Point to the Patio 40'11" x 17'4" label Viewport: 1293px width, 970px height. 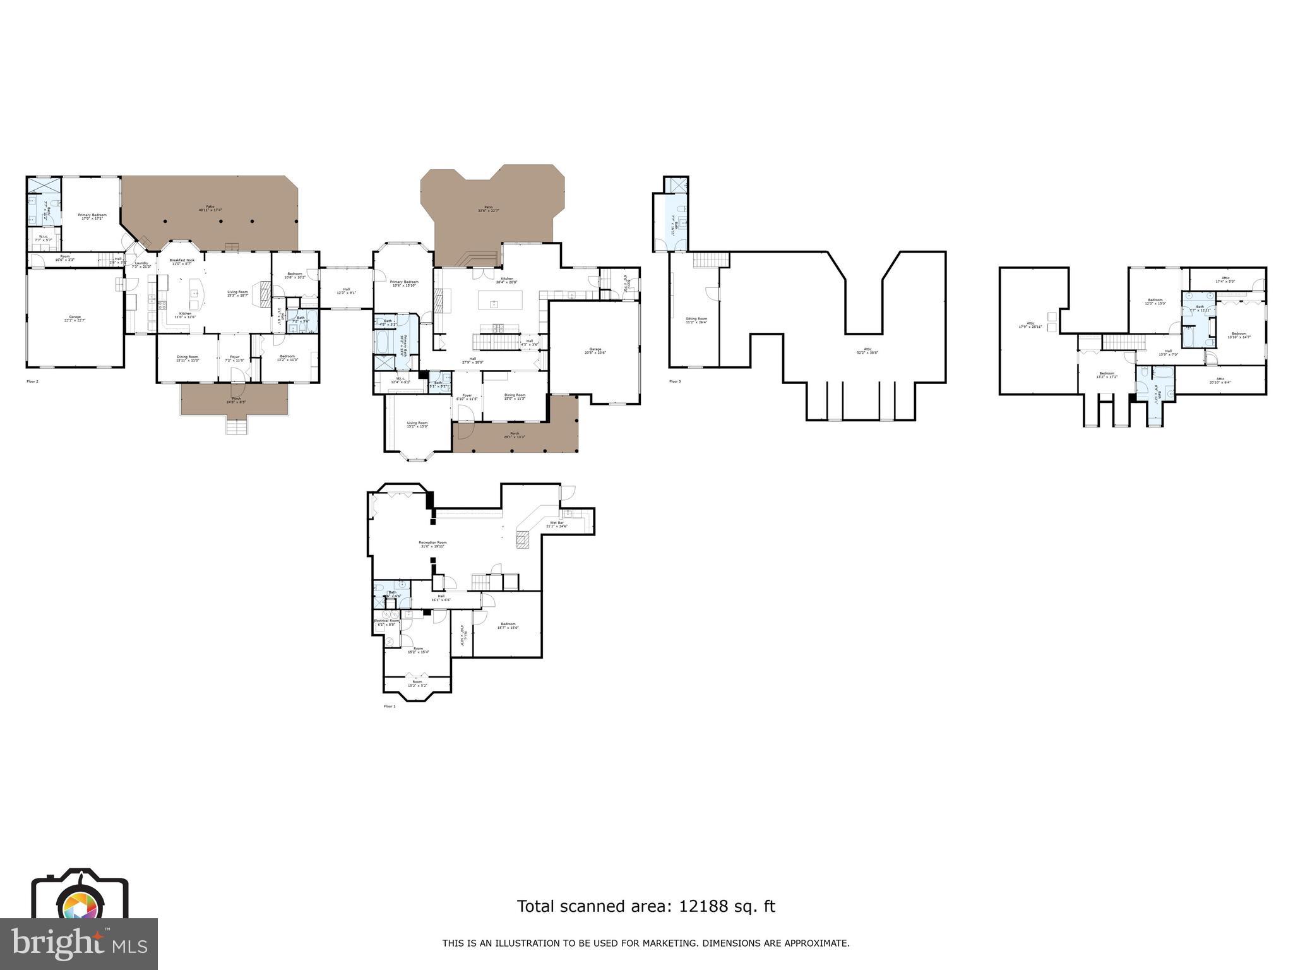(210, 208)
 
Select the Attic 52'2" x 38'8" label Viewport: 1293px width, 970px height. (867, 350)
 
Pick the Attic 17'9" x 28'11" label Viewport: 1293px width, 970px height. (1030, 325)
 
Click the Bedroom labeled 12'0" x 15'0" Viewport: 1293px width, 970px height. (1155, 301)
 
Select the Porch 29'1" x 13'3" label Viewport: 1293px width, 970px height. (515, 434)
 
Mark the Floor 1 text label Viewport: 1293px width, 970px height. (389, 706)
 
